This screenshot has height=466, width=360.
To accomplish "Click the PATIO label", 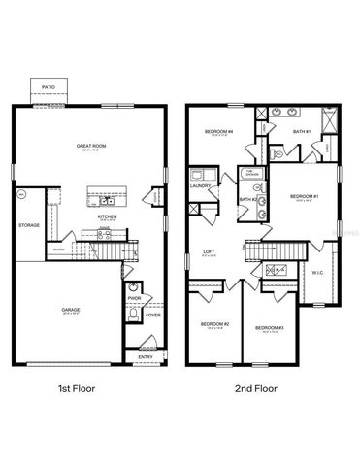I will coord(49,88).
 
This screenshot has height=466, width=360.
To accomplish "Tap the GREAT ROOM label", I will coord(89,145).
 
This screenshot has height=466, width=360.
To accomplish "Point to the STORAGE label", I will coord(28,225).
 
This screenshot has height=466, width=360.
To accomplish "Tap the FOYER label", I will coord(152,315).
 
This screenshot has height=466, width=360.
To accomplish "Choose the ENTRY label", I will coord(145,356).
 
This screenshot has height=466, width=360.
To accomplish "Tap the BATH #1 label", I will coord(301,130).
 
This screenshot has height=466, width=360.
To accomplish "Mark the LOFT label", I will coord(208,251).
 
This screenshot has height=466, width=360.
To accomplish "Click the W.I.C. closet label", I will coord(318,272).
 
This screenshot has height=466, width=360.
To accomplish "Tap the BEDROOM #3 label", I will coord(269,328).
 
